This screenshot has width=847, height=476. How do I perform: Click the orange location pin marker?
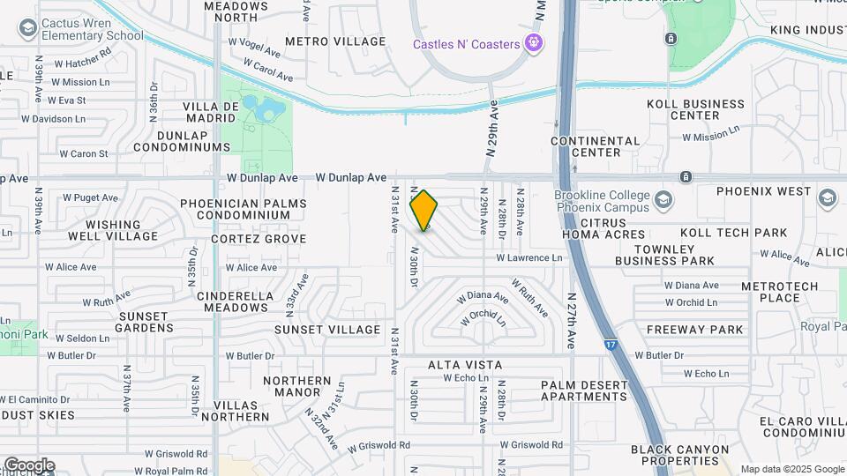[x=424, y=210]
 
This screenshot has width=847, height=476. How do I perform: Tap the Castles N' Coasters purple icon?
[x=533, y=42]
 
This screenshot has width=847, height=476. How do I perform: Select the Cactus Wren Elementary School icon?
[x=27, y=29]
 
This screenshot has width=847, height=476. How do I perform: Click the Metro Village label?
[x=335, y=41]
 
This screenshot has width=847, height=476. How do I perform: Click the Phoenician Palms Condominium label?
[x=243, y=210]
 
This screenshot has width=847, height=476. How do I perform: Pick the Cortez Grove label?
[x=259, y=239]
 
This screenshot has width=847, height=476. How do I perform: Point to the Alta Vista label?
[x=465, y=365]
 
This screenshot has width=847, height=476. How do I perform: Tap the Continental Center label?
[x=596, y=146]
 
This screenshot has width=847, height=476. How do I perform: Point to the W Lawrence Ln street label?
[x=528, y=258]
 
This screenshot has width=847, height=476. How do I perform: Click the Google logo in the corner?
[x=29, y=465]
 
